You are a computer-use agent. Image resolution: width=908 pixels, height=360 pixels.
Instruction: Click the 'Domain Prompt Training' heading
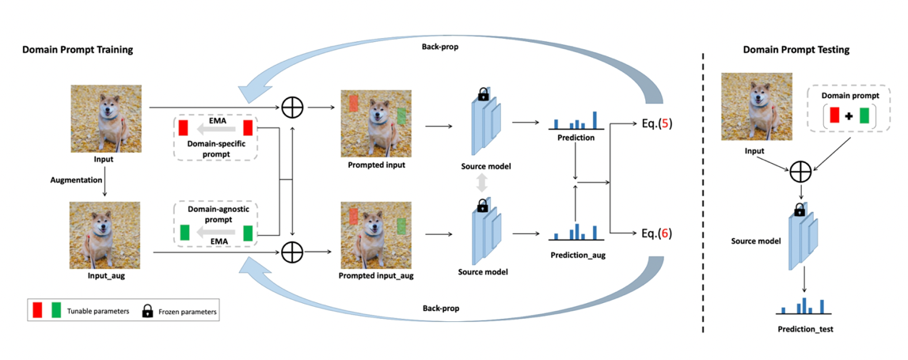coord(77,50)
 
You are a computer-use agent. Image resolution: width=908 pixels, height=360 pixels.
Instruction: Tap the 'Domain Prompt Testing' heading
coord(796,50)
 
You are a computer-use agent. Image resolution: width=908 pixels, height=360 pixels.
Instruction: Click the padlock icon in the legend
coord(146,311)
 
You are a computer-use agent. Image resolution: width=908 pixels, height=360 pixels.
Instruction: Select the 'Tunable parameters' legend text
coord(97,312)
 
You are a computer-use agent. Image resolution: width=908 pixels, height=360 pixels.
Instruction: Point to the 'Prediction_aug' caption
coord(577,255)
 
